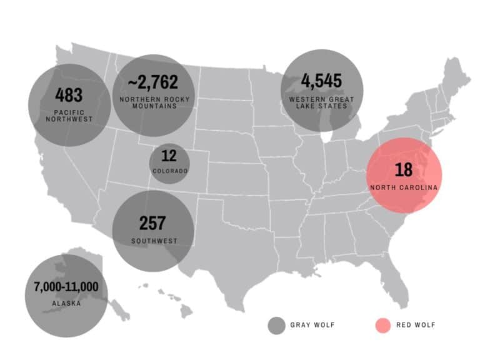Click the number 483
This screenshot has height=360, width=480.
[x=69, y=95]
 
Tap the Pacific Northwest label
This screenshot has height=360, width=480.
[x=69, y=115]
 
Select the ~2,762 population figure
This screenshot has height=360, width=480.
[x=153, y=82]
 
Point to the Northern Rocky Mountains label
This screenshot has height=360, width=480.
[x=153, y=102]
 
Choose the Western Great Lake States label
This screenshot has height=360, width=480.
[x=321, y=102]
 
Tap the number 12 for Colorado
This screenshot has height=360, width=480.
[x=169, y=156]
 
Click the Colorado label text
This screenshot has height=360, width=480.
[x=169, y=171]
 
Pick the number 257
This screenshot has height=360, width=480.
[x=152, y=223]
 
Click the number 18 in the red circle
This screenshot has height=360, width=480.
[x=403, y=170]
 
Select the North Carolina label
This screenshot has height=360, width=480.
[x=403, y=187]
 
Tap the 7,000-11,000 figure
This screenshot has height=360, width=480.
[x=66, y=287]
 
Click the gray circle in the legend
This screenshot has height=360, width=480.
[x=276, y=325]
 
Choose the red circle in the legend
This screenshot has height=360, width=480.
[x=382, y=325]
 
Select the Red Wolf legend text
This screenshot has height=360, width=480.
[x=416, y=325]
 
